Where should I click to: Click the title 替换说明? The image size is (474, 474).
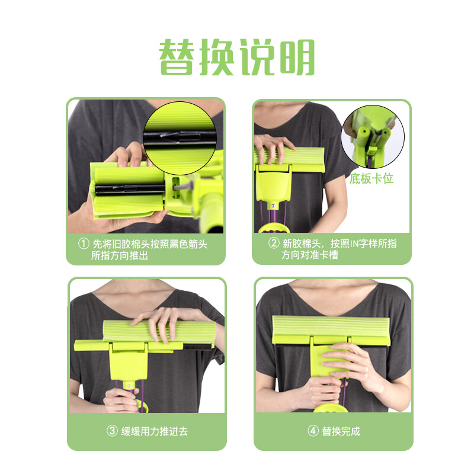pyautogui.click(x=236, y=57)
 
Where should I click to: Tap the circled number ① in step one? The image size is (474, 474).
pyautogui.click(x=84, y=244)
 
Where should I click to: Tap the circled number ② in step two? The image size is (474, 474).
pyautogui.click(x=274, y=244)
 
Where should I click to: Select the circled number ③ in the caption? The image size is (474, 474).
pyautogui.click(x=112, y=431)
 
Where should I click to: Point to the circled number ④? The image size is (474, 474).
pyautogui.click(x=313, y=431)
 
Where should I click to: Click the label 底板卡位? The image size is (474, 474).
pyautogui.click(x=371, y=178)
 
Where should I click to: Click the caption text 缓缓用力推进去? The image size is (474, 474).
pyautogui.click(x=155, y=431)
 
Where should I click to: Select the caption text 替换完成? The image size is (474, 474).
pyautogui.click(x=341, y=431)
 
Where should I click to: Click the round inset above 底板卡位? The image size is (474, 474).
pyautogui.click(x=373, y=137)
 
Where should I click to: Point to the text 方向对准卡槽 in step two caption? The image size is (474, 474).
pyautogui.click(x=310, y=256)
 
